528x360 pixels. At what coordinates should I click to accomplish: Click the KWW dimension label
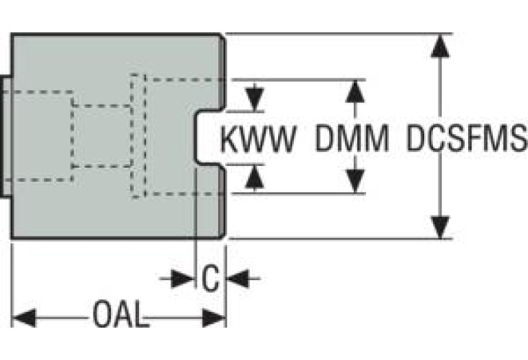tap(258, 140)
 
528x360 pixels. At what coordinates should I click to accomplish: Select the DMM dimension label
tap(352, 140)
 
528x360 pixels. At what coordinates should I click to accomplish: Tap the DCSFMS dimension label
tap(465, 140)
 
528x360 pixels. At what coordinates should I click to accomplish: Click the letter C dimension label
tap(211, 279)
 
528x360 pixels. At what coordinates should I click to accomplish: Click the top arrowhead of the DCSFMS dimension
tap(440, 45)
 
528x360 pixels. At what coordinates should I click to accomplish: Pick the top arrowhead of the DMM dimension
tap(355, 91)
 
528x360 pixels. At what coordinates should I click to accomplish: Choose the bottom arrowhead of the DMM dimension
tap(355, 182)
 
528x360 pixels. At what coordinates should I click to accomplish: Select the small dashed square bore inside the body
tap(102, 136)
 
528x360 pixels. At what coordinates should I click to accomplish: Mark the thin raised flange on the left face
tap(6, 136)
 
